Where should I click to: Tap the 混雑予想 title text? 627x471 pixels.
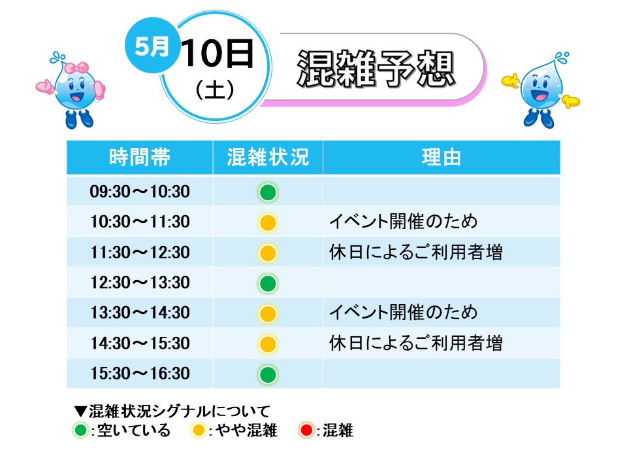click(x=376, y=69)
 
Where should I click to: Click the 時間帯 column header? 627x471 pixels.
click(x=140, y=157)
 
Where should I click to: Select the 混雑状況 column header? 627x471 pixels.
click(x=268, y=157)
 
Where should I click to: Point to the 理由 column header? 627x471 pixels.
click(x=441, y=157)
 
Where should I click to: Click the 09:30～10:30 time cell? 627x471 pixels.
click(x=140, y=192)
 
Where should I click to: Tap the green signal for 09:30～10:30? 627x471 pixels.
click(x=268, y=192)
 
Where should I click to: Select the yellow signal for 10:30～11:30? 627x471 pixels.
click(x=268, y=222)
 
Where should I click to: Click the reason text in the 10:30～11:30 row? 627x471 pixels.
click(x=403, y=222)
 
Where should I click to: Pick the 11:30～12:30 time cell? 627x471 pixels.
click(x=140, y=253)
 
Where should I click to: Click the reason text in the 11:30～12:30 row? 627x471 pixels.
click(x=416, y=253)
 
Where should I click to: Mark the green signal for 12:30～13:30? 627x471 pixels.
click(x=268, y=283)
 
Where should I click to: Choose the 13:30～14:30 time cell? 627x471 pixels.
click(x=140, y=313)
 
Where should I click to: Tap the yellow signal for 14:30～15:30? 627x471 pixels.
click(x=268, y=344)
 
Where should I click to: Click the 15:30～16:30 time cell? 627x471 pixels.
click(x=140, y=374)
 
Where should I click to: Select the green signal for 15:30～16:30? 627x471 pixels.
click(x=268, y=375)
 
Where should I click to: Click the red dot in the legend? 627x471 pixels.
click(x=306, y=430)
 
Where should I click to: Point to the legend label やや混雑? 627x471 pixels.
click(x=246, y=430)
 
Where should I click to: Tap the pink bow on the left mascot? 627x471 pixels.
click(x=76, y=68)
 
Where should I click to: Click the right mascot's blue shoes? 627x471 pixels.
click(x=539, y=118)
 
